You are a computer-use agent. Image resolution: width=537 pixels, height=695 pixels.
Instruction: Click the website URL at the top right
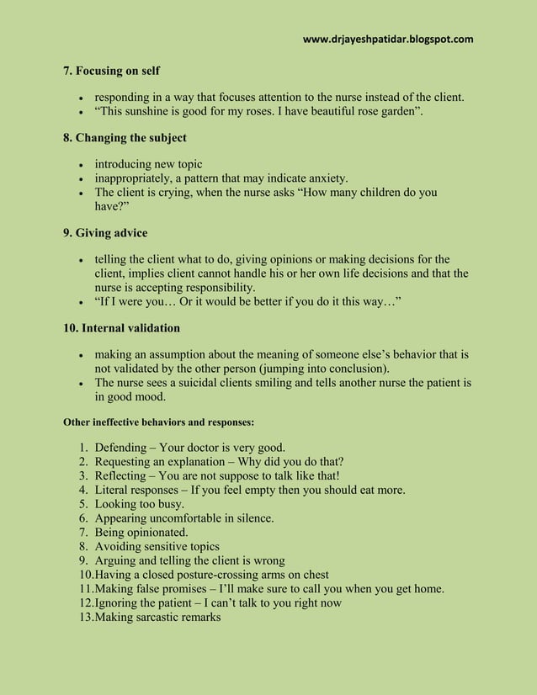coord(387,39)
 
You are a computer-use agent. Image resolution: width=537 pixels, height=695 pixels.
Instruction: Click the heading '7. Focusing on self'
coord(112,71)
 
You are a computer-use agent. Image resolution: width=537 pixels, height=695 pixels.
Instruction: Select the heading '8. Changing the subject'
coord(125,137)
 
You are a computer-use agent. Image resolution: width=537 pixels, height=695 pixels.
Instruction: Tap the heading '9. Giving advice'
coord(106,232)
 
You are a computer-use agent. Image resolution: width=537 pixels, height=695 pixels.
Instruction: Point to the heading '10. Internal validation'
coord(122,327)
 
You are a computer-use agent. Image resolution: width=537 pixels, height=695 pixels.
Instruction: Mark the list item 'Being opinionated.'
coord(141,533)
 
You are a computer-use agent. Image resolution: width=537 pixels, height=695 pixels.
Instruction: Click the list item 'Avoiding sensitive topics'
coord(157,547)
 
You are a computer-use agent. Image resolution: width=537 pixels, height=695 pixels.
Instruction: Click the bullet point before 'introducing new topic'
coord(81,164)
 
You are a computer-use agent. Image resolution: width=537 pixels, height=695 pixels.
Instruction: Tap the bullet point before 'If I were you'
coord(81,302)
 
